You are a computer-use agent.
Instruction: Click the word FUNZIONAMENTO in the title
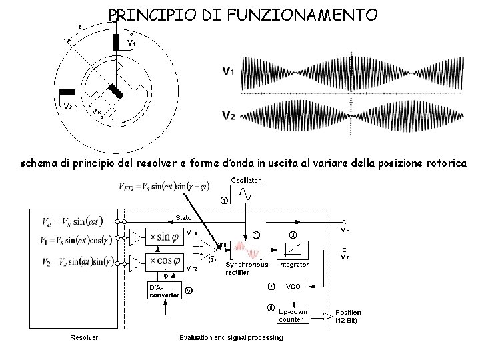click(x=313, y=14)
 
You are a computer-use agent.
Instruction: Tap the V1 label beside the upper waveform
click(x=228, y=70)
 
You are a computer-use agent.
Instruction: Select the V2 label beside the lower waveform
click(x=228, y=115)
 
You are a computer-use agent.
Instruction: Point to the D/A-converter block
click(x=163, y=291)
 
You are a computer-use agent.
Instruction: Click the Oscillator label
click(x=245, y=180)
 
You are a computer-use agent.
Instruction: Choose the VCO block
click(x=293, y=287)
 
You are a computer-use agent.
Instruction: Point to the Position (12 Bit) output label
click(x=348, y=316)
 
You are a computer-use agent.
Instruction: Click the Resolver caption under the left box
click(x=85, y=337)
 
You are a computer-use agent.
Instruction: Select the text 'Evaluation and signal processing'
click(x=231, y=337)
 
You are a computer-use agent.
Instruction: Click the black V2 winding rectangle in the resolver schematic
click(x=67, y=93)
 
